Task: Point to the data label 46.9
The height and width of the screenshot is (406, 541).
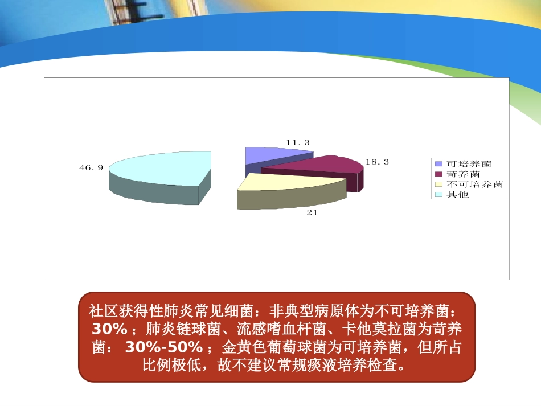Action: point(91,167)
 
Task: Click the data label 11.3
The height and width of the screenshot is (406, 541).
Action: point(298,142)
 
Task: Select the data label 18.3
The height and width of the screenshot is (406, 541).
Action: point(377,162)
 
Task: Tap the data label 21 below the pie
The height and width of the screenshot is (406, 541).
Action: point(312,212)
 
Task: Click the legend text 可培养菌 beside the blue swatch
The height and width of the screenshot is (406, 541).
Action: point(469,163)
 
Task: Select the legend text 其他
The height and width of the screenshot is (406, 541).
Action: point(457,194)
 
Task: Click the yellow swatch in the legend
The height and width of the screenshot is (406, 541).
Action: point(438,184)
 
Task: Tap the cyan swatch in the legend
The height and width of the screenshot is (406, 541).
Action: point(438,195)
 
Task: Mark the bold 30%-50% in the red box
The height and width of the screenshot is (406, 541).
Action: point(163,347)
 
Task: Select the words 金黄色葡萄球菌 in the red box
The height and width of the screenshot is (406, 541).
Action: point(270,347)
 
